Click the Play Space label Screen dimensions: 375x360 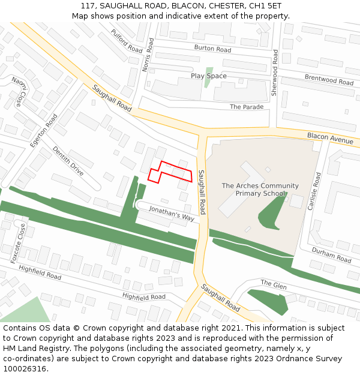pyautogui.click(x=209, y=76)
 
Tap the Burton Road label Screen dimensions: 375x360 pyautogui.click(x=212, y=49)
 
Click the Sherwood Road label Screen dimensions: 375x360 pyautogui.click(x=275, y=73)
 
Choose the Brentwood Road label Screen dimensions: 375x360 pyautogui.click(x=329, y=80)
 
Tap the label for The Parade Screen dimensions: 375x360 pyautogui.click(x=247, y=107)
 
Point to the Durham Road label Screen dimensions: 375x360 pyautogui.click(x=332, y=256)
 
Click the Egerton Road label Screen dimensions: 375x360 pyautogui.click(x=44, y=131)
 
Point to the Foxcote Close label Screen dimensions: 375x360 pyautogui.click(x=22, y=243)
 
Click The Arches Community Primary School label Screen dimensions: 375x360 pyautogui.click(x=260, y=190)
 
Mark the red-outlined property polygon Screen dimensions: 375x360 pyautogui.click(x=171, y=172)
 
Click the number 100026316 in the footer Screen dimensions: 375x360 pyautogui.click(x=25, y=369)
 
